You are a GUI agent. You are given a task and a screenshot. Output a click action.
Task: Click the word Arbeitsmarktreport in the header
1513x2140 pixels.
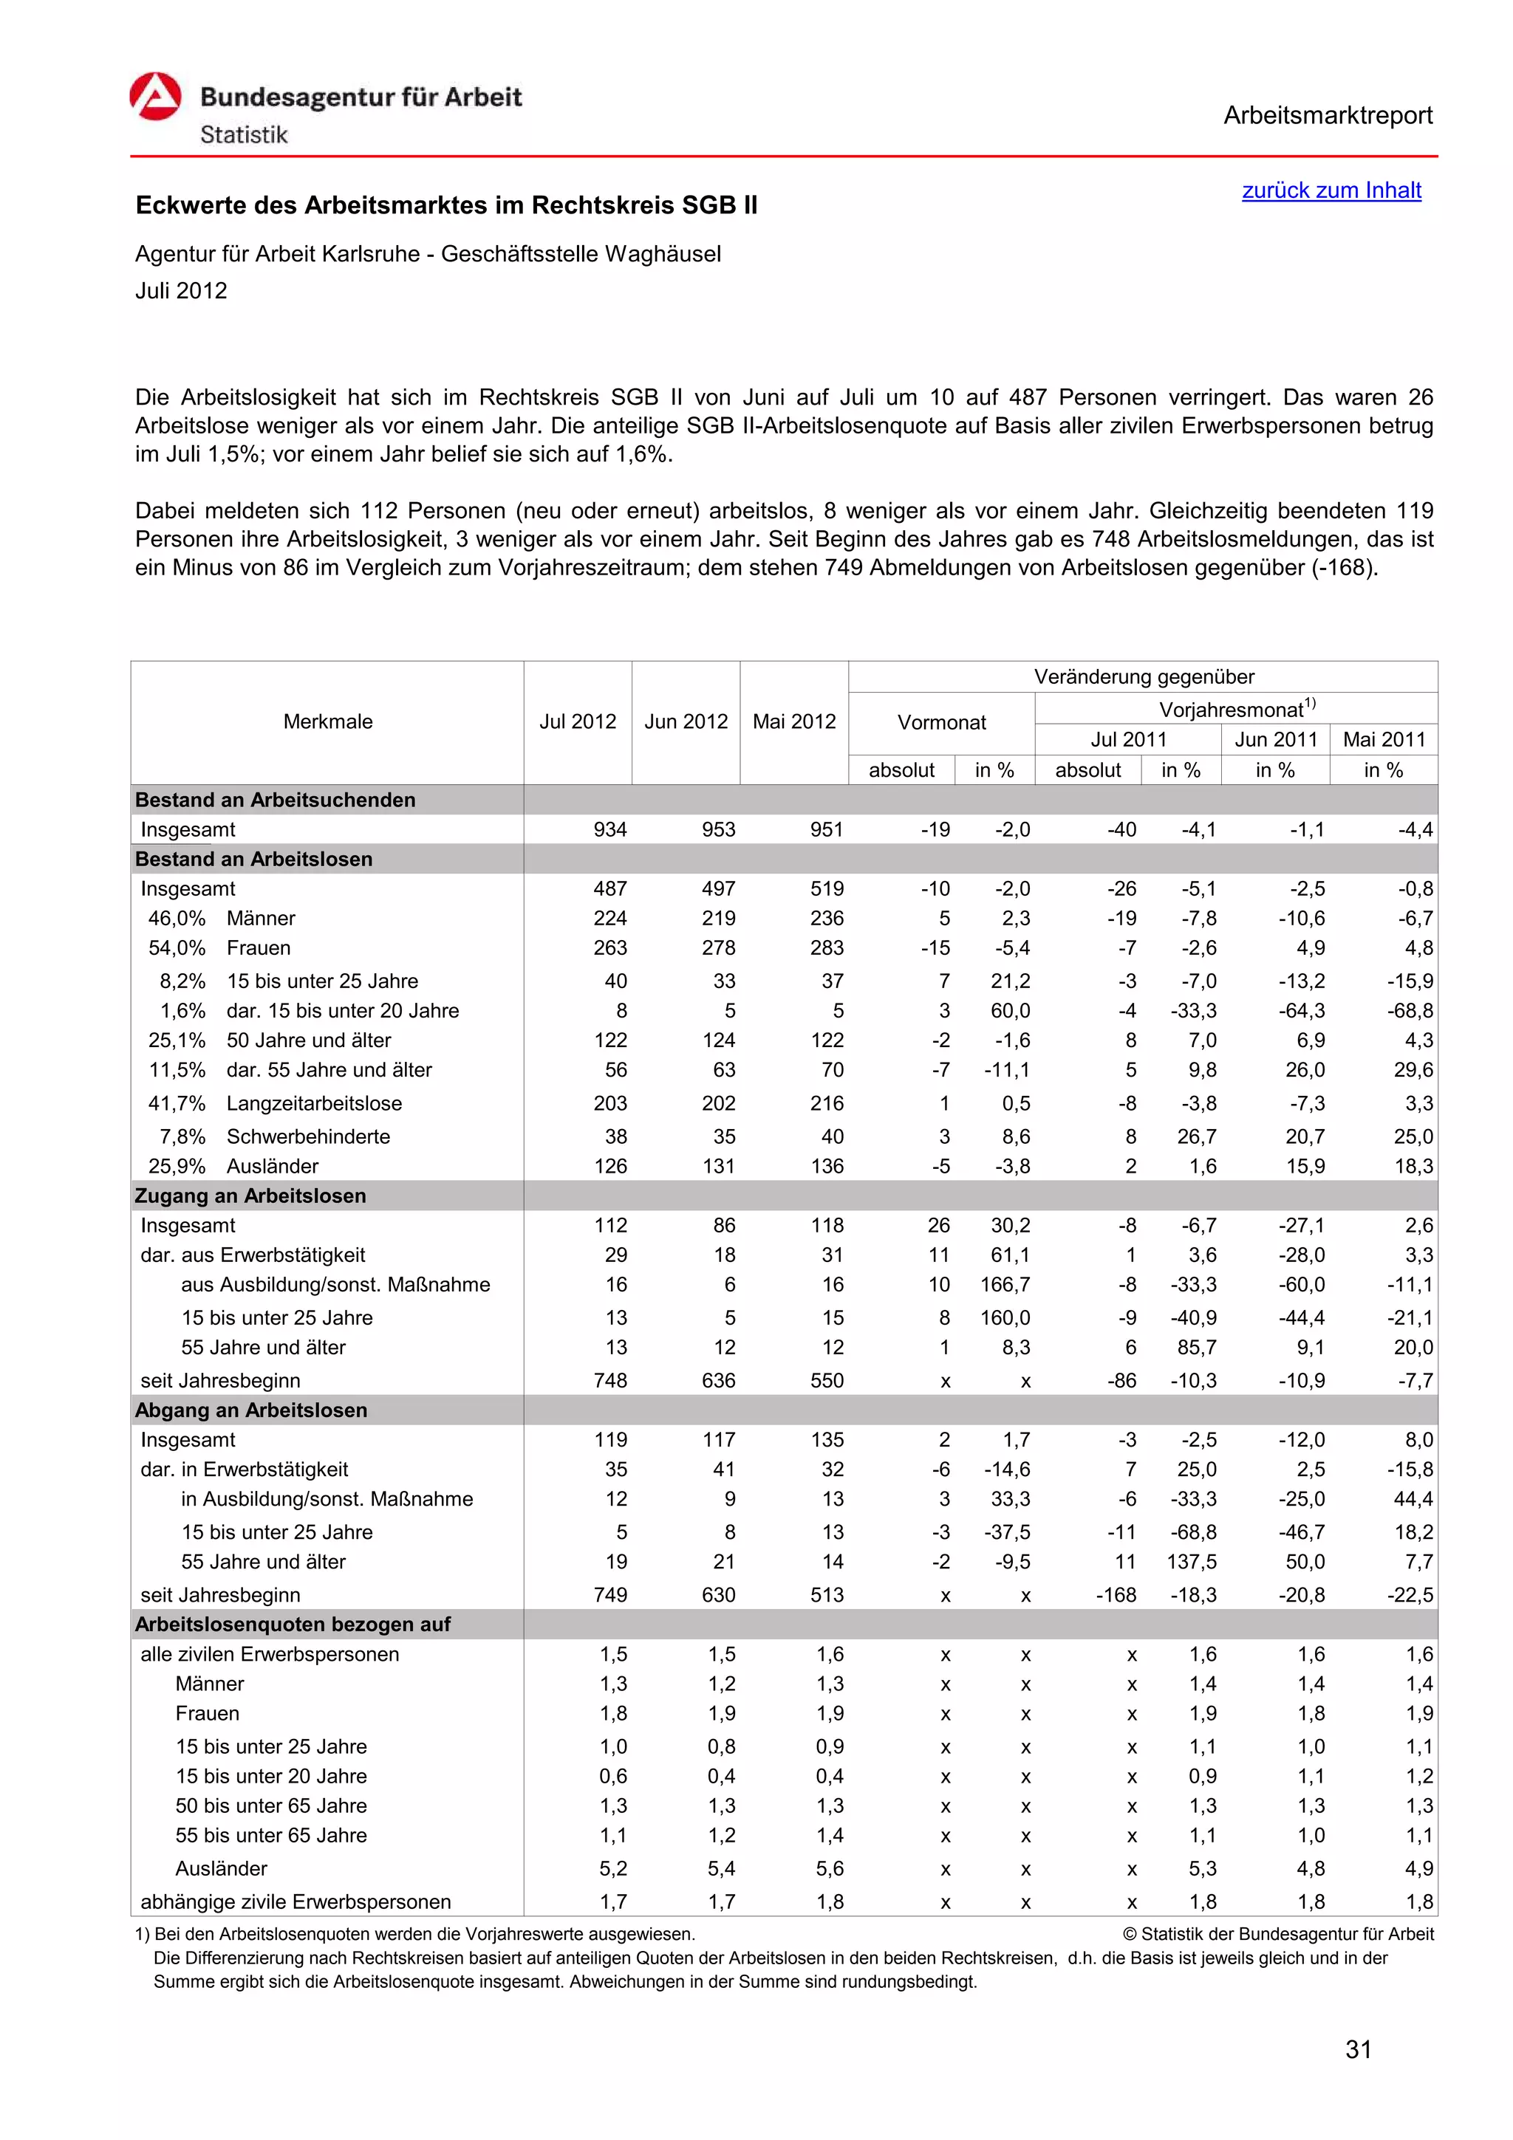tap(1327, 116)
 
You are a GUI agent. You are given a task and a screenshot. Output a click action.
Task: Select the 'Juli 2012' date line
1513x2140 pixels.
tap(181, 291)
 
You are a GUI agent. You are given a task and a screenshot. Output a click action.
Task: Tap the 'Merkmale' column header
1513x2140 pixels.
tap(327, 721)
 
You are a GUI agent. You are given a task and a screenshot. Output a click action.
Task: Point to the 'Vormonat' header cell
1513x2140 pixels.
tap(940, 722)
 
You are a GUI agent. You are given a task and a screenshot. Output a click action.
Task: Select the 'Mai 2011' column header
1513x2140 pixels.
tap(1384, 739)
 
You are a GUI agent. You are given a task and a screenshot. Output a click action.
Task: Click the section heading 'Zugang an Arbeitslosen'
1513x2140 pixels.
tap(250, 1196)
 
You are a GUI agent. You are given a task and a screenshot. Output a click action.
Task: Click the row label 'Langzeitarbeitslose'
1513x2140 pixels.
tap(314, 1103)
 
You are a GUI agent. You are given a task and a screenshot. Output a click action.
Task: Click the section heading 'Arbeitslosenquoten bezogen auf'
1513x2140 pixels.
tap(292, 1625)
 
